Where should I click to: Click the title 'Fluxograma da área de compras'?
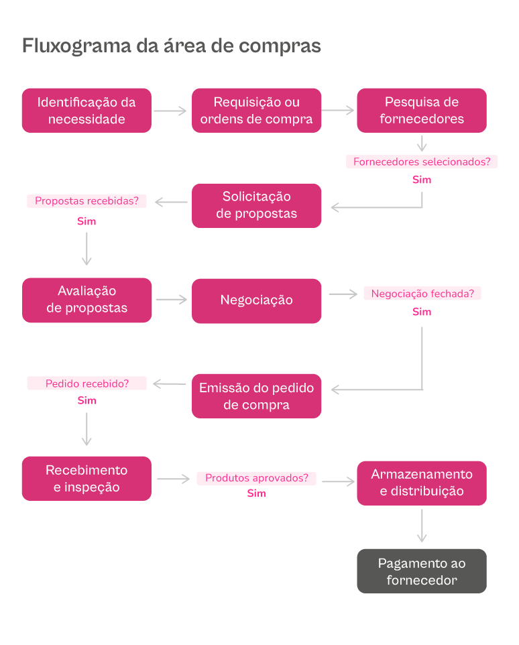[172, 46]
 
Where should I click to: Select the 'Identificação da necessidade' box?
[86, 111]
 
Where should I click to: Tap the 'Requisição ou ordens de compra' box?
[256, 111]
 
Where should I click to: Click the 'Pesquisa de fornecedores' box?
[421, 111]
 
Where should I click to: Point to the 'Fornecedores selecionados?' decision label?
[421, 162]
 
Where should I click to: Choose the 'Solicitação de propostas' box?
[256, 205]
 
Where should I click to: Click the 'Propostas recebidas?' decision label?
[86, 200]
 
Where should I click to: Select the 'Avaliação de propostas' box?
[86, 300]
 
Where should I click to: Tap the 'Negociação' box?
[256, 300]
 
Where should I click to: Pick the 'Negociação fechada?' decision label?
[422, 294]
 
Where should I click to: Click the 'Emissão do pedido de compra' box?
[256, 396]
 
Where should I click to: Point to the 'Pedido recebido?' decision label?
[86, 384]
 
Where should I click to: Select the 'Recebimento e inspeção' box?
[86, 479]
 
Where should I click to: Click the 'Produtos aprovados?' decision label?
[256, 478]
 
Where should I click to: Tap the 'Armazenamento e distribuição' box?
[421, 483]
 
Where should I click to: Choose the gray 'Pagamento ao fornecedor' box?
[421, 571]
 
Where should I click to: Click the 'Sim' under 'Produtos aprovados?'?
[256, 493]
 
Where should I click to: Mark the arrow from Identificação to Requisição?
[170, 111]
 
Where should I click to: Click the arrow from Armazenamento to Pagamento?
[421, 526]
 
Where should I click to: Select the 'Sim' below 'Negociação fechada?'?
[422, 312]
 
